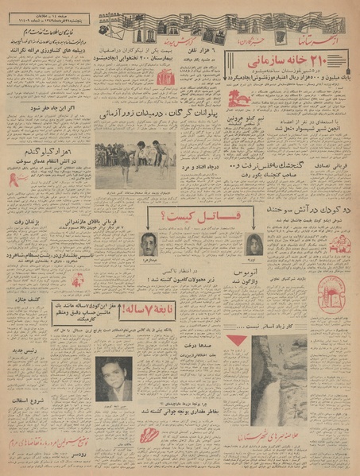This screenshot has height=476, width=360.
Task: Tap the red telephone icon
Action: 167,77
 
